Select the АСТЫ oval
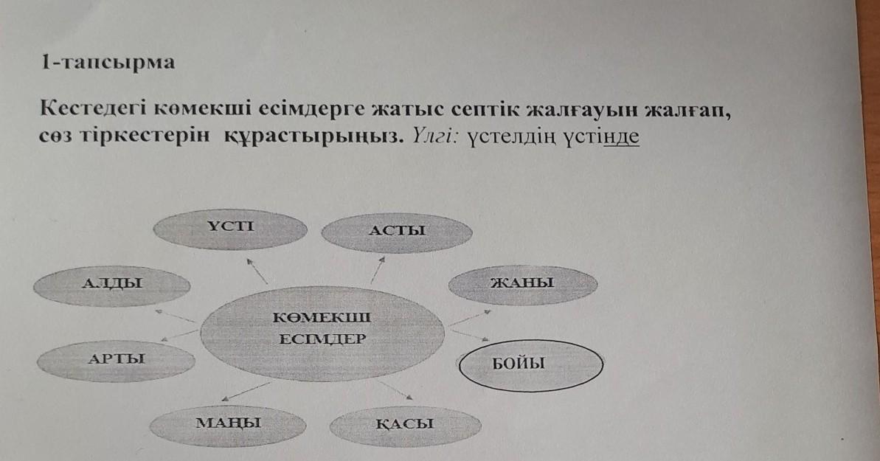tap(397, 231)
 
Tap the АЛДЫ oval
tap(111, 283)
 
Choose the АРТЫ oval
tap(116, 361)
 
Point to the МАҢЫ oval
tap(228, 424)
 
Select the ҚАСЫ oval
tap(405, 425)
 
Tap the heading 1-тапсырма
tap(108, 63)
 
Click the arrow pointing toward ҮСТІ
tap(257, 271)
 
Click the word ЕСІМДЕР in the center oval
tap(322, 340)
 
